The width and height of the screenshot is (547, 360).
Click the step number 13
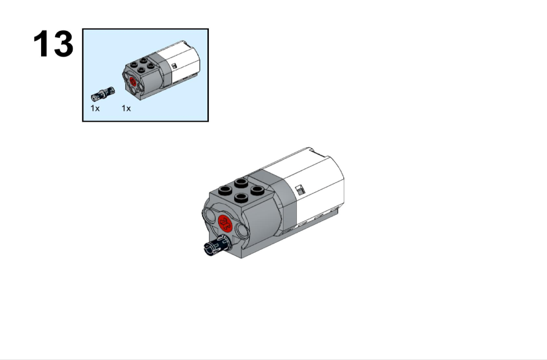click(54, 44)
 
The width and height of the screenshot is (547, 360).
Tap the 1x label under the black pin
click(95, 109)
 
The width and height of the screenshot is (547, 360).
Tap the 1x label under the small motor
click(126, 109)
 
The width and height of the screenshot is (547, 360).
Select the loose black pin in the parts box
click(102, 94)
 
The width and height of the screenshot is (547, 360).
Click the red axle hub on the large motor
click(225, 223)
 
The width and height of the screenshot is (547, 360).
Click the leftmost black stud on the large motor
click(225, 190)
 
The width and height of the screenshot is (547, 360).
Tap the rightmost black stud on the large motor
click(257, 190)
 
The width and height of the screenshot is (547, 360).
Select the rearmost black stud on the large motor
click(241, 182)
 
